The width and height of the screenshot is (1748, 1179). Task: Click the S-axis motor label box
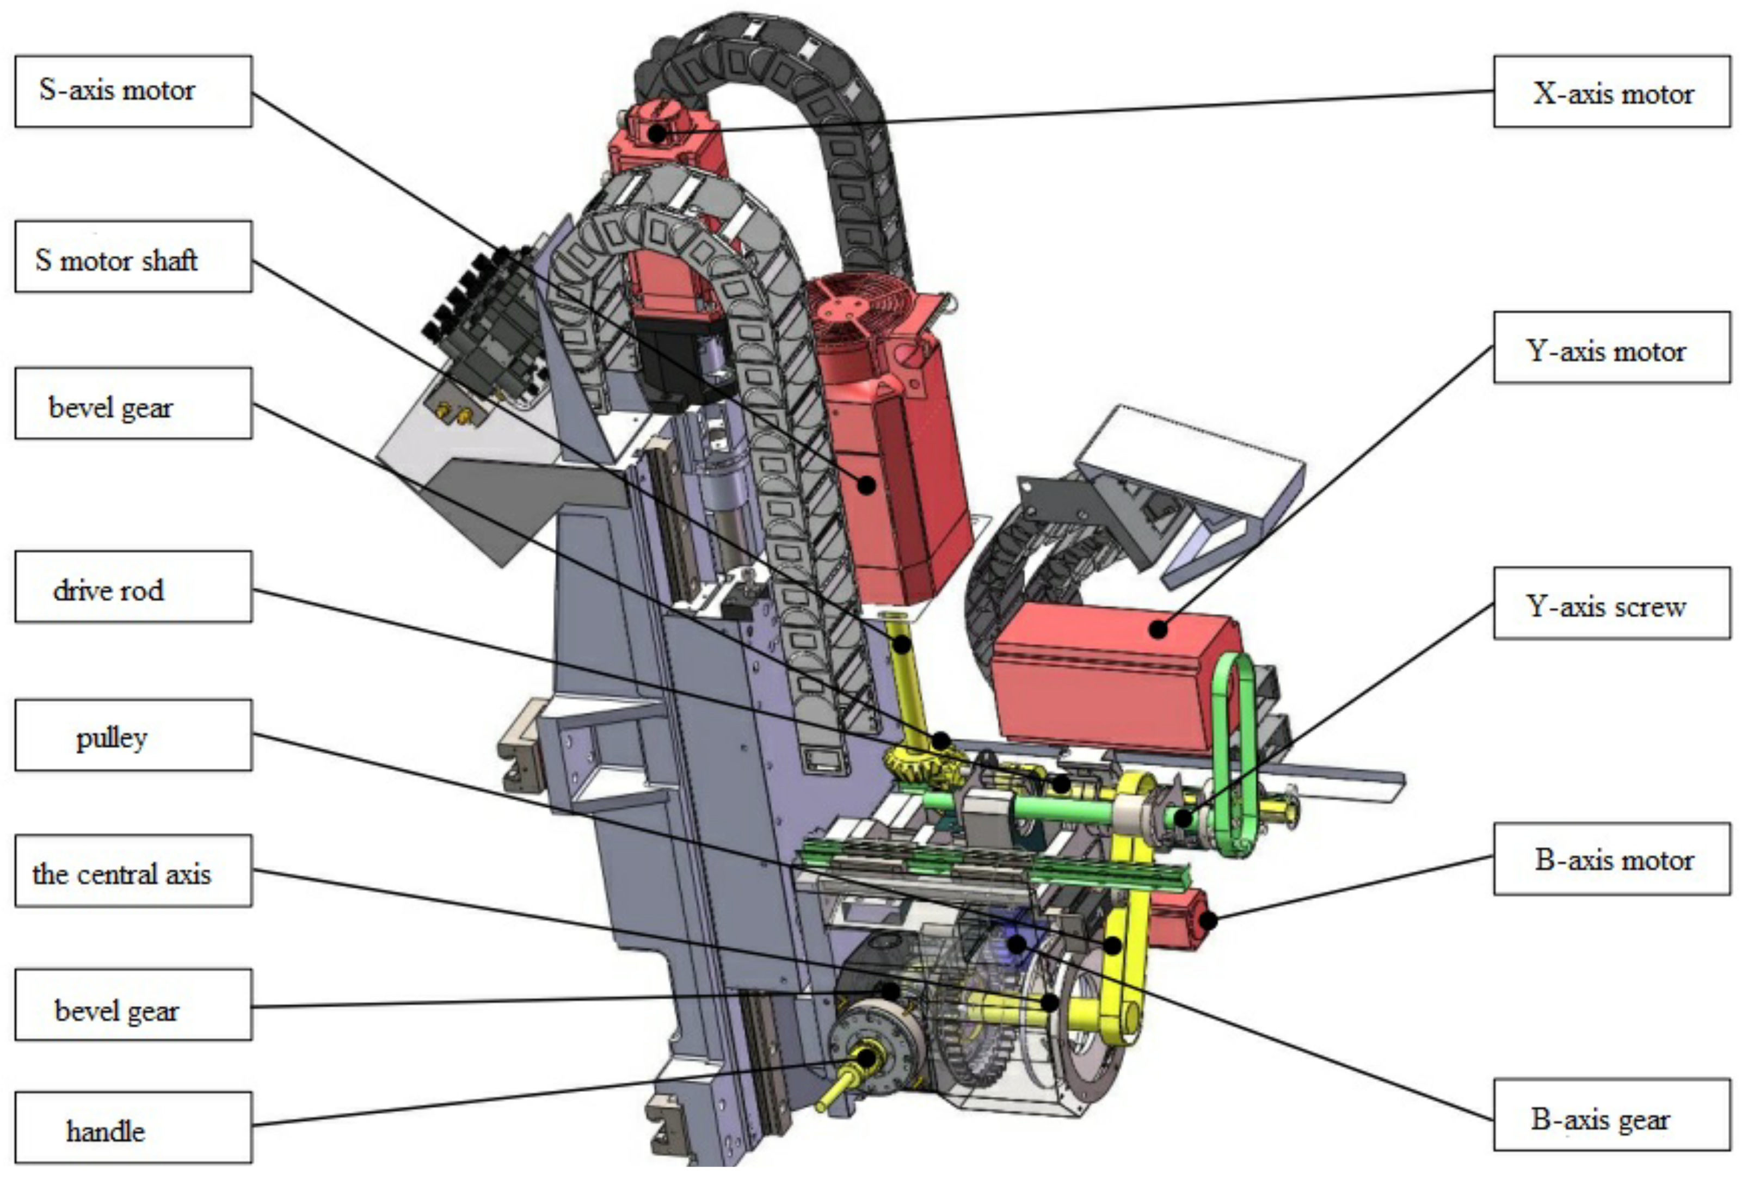(x=133, y=91)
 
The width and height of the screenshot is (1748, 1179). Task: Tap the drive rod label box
(x=133, y=587)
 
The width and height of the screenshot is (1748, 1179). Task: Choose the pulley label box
(x=133, y=736)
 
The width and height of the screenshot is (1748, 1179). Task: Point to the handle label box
(x=133, y=1127)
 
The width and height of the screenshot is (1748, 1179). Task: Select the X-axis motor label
(x=1612, y=91)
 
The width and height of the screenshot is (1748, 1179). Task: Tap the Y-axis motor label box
(x=1612, y=347)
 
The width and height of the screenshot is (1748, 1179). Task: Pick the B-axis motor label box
(x=1612, y=859)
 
